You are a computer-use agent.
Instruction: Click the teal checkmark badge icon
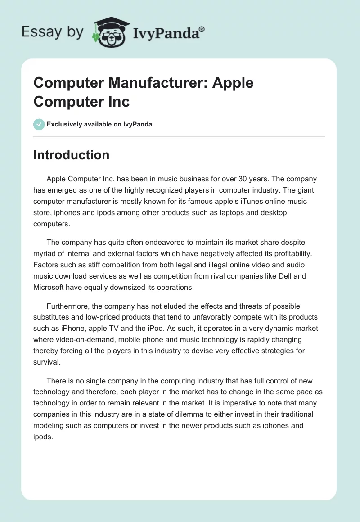point(39,124)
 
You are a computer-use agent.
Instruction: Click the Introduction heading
point(71,155)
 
